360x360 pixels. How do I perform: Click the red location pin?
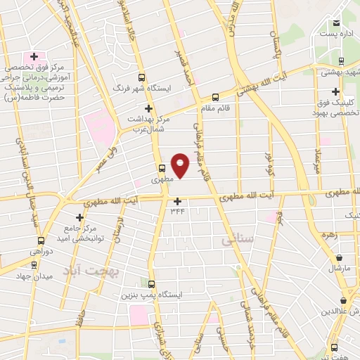point(181,164)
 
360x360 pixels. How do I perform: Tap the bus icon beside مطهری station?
point(162,168)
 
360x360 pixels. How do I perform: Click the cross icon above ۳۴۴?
point(177,201)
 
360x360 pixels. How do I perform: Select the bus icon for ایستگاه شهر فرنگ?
point(142,77)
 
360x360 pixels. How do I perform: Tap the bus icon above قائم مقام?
point(216,97)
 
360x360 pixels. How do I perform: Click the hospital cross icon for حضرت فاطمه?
point(33,56)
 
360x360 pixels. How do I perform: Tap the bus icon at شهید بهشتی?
point(341,60)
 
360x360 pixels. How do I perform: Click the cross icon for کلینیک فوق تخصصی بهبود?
point(336,91)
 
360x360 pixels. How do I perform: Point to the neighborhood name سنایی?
point(236,240)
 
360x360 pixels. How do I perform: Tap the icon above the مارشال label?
point(340,258)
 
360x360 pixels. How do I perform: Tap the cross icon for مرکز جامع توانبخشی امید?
point(79,218)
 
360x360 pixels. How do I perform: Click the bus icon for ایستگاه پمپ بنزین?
point(148,283)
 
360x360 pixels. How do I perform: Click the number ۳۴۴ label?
point(177,210)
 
